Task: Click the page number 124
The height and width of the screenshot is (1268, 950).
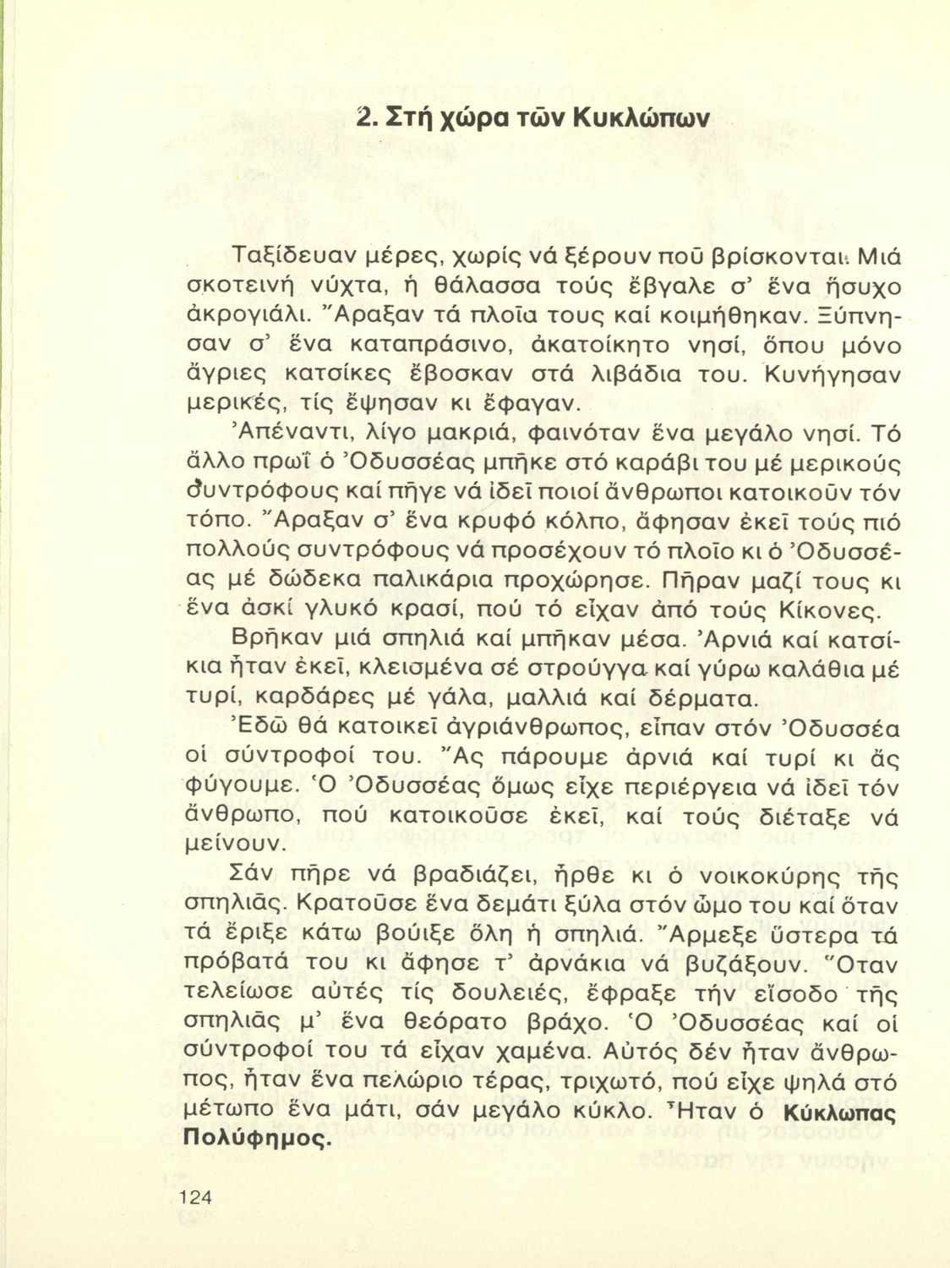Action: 195,1196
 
